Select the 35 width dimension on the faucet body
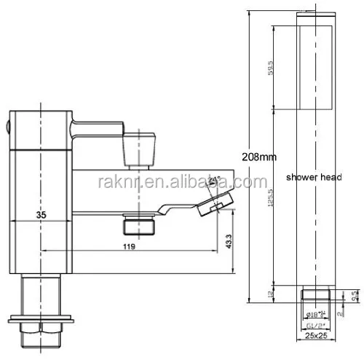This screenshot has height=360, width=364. tap(43, 214)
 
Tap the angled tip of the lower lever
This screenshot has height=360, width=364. tap(214, 200)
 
